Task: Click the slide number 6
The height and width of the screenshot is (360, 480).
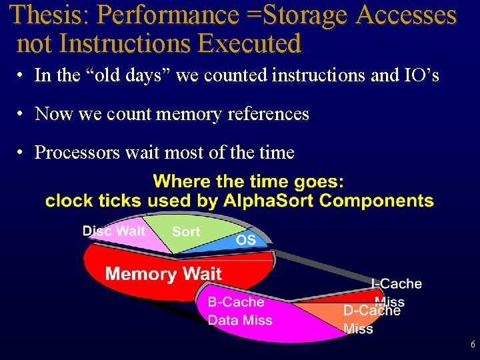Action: [473, 345]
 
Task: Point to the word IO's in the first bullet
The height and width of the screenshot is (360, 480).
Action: [419, 75]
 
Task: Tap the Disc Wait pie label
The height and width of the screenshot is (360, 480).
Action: [113, 231]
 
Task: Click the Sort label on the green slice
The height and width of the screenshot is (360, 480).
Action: [186, 231]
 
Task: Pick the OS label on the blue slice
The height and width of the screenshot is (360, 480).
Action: [246, 240]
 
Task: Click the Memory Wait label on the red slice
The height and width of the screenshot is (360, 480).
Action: [163, 273]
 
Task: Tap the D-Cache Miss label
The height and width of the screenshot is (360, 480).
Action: [371, 319]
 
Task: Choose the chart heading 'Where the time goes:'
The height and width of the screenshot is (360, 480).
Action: [249, 181]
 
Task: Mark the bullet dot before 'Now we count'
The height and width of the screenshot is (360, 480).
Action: [22, 114]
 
